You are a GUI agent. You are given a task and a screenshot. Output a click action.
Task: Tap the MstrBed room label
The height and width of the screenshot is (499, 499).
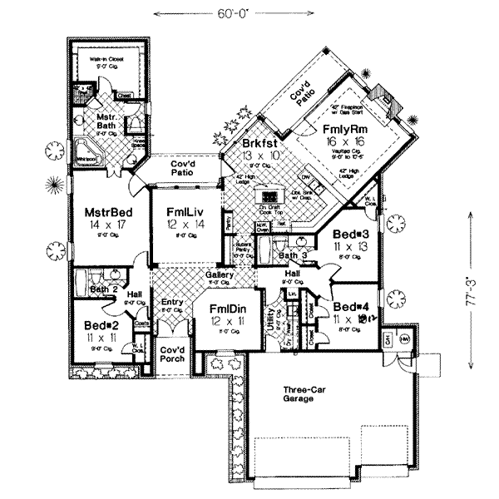coord(104,213)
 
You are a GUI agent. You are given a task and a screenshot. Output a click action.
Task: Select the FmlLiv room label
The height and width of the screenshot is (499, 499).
coord(182,212)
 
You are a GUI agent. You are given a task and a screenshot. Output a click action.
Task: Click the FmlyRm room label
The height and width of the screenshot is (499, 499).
coord(343,130)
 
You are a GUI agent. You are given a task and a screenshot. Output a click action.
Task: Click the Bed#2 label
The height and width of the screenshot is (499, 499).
coord(102,325)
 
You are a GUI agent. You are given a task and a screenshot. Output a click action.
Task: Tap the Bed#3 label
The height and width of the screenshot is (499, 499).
coord(348,235)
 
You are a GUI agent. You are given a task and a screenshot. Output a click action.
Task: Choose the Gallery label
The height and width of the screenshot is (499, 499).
coord(220,274)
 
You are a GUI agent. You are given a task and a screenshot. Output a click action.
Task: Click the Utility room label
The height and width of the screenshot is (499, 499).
coord(269,314)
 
